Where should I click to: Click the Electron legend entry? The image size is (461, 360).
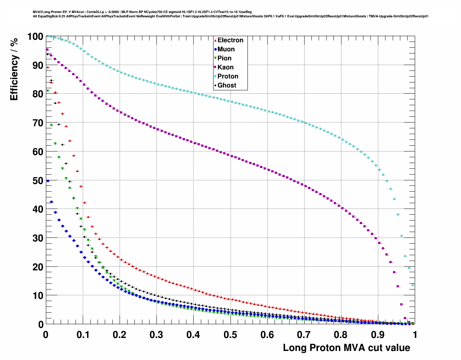(x=230, y=40)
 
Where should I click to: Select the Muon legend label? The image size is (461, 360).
(x=226, y=49)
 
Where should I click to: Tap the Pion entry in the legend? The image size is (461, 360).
(x=224, y=58)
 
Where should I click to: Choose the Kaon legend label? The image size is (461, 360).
(x=225, y=67)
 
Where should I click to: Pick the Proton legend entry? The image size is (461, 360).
(x=228, y=76)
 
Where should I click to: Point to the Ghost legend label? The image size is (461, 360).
(x=227, y=85)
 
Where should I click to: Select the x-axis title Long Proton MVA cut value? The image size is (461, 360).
(x=346, y=348)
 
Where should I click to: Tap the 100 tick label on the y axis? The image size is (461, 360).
(x=35, y=37)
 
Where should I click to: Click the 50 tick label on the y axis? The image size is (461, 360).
(x=38, y=180)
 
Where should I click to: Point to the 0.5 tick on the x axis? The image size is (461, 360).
(x=230, y=335)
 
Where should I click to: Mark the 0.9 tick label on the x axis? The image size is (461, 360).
(x=378, y=335)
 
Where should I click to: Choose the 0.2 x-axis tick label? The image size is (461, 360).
(x=119, y=335)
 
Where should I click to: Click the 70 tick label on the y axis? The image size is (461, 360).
(x=38, y=123)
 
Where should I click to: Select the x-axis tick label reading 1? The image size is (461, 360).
(x=415, y=335)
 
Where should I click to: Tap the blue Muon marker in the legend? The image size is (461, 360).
(x=215, y=49)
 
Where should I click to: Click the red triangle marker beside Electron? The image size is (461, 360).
(x=215, y=40)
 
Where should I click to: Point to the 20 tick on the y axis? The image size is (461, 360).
(x=38, y=267)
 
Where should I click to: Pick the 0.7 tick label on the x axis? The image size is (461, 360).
(x=304, y=335)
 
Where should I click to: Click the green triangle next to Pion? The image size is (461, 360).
(x=215, y=58)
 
